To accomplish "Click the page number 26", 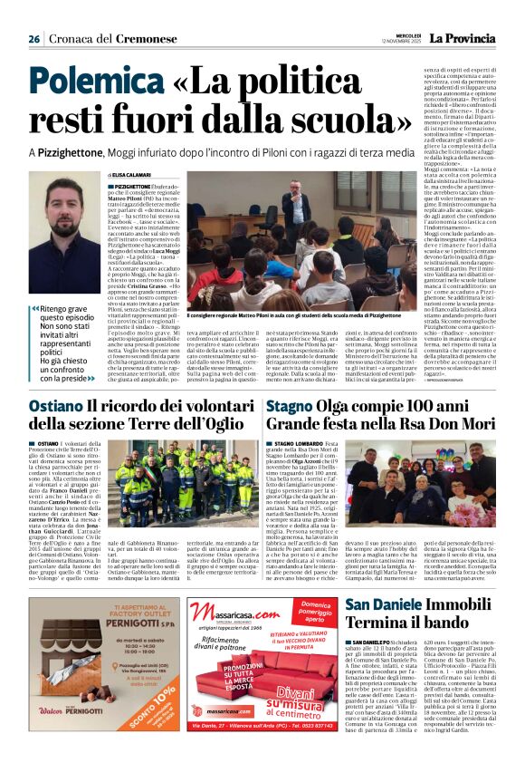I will point(33,39).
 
